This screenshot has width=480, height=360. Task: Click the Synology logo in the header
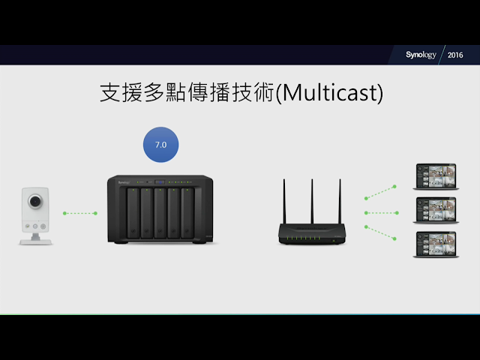(421, 55)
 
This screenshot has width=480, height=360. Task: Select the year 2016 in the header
(455, 55)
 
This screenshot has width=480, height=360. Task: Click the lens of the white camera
(34, 202)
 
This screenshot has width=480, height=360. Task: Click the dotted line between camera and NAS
(80, 213)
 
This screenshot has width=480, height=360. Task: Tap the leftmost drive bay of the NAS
(132, 212)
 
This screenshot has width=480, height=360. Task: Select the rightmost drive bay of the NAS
(187, 212)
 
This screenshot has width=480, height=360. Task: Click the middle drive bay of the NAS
(160, 212)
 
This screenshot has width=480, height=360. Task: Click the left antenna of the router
(285, 201)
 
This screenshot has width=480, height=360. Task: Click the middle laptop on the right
(435, 211)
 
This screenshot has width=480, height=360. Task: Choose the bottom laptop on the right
(435, 244)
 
